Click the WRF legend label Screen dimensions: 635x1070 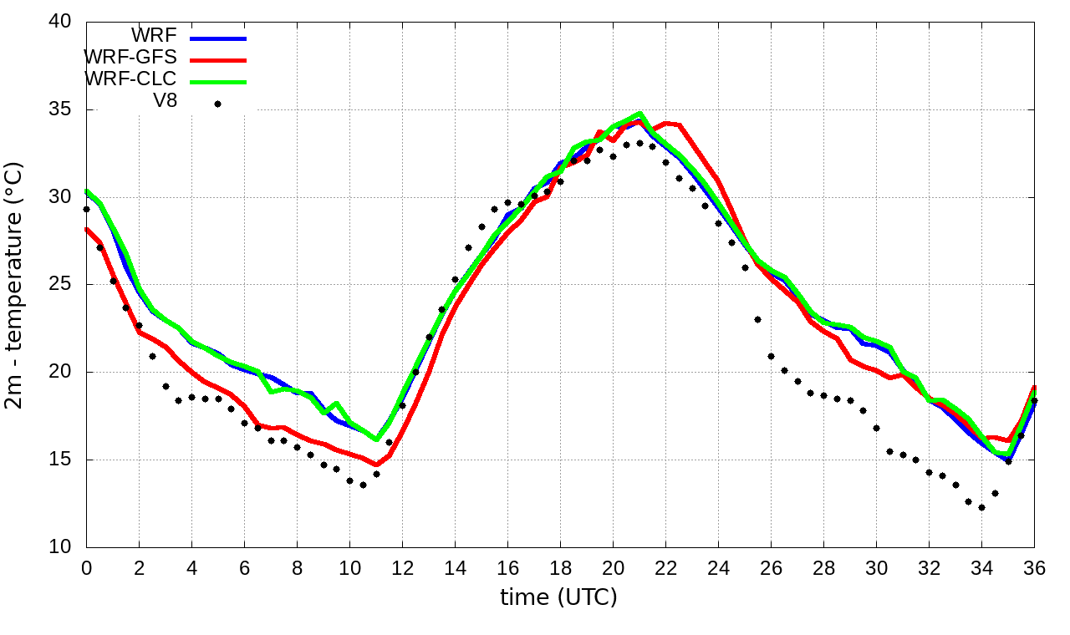[x=154, y=36]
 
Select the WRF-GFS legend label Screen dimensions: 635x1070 [x=130, y=58]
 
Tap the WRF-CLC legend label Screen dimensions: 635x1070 [x=130, y=79]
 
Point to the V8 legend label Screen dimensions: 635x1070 [x=165, y=101]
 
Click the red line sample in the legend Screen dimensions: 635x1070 [x=218, y=60]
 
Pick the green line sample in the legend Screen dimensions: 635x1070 [x=218, y=82]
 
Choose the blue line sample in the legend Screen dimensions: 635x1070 [x=218, y=38]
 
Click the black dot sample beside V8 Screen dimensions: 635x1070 [x=217, y=104]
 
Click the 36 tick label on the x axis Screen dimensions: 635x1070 [x=1034, y=568]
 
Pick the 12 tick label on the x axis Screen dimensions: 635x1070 [x=402, y=568]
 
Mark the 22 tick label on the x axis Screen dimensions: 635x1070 [x=665, y=568]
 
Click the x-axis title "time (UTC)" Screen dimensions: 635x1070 [x=558, y=597]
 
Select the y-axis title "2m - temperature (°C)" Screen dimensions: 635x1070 [x=15, y=285]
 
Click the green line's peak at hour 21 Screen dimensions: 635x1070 [x=639, y=114]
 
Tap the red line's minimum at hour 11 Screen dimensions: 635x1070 [x=376, y=465]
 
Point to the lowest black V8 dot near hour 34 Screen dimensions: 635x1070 [x=981, y=507]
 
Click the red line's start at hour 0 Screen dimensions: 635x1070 [x=87, y=229]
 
